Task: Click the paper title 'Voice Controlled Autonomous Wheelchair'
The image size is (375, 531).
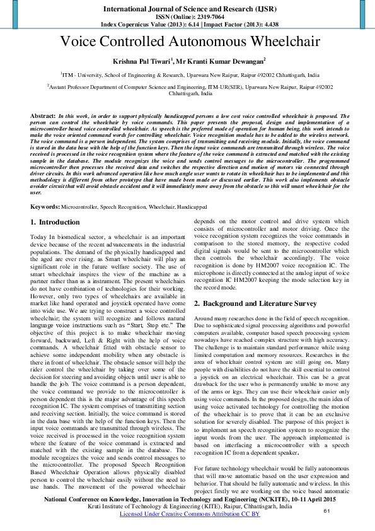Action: click(x=187, y=42)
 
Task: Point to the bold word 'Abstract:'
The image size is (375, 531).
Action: click(x=42, y=117)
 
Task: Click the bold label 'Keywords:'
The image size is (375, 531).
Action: click(x=45, y=207)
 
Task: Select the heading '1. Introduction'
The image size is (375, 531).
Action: click(x=55, y=223)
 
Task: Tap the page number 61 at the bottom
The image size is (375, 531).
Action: click(x=326, y=510)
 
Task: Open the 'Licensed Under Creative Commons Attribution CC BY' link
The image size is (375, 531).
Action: click(x=187, y=514)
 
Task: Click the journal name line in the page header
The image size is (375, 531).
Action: click(x=187, y=9)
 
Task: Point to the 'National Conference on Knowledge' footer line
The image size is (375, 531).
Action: click(x=187, y=498)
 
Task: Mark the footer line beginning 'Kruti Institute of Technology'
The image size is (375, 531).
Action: click(x=187, y=506)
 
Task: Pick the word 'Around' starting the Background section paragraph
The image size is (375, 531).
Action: click(x=204, y=320)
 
